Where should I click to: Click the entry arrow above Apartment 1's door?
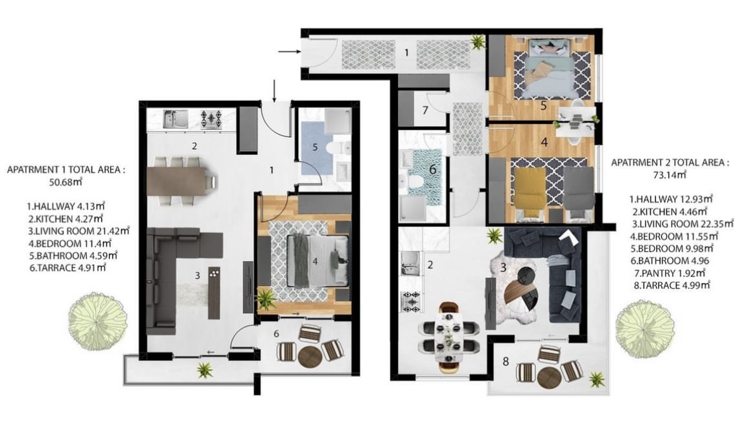(274, 91)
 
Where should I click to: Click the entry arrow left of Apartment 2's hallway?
(288, 51)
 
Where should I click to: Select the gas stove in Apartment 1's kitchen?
(211, 119)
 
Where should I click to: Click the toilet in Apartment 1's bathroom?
(338, 147)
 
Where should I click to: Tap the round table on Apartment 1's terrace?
(310, 357)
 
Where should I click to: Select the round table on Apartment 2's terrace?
(550, 379)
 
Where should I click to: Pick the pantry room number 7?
(425, 111)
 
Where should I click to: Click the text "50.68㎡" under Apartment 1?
(66, 181)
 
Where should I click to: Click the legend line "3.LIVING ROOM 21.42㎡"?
(78, 231)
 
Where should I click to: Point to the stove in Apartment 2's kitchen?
(411, 301)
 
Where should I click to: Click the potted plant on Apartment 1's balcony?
(205, 370)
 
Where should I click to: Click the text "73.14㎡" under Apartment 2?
(670, 174)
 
